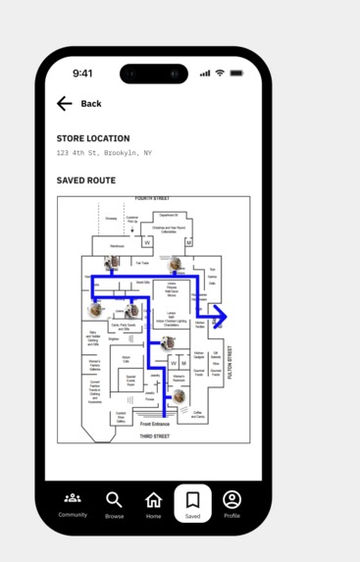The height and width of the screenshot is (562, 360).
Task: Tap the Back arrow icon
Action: tap(65, 103)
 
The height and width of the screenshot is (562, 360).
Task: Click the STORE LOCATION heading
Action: tap(93, 138)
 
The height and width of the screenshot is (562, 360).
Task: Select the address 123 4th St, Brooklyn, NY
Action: tap(104, 154)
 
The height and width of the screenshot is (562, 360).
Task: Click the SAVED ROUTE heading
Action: tap(86, 180)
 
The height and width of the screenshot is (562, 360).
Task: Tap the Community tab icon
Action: tap(73, 498)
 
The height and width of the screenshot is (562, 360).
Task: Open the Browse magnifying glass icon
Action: tap(115, 500)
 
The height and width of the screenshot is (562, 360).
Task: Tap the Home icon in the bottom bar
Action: tap(154, 500)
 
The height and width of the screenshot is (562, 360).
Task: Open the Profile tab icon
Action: tap(231, 500)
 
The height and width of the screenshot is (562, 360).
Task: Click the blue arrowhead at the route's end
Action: tap(220, 316)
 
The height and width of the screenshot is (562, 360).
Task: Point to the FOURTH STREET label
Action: tap(153, 199)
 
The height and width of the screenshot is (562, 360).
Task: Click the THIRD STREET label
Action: tap(154, 435)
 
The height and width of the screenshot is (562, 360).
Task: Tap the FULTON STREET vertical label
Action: tap(231, 362)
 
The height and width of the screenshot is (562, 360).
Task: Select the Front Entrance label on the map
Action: tap(154, 424)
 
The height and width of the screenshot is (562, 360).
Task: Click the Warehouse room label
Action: tap(117, 246)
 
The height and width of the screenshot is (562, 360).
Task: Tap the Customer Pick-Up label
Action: tap(131, 219)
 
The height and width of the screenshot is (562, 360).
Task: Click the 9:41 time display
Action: tap(82, 74)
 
